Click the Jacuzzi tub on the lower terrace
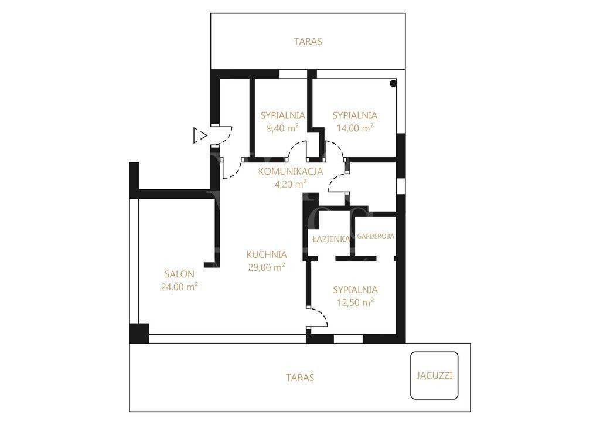(x=434, y=376)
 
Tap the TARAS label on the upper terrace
(x=308, y=42)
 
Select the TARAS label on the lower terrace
(x=300, y=378)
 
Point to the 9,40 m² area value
(x=283, y=128)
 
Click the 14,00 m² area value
(x=354, y=128)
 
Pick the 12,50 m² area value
(x=355, y=302)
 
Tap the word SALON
(x=179, y=274)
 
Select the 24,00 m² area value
(x=179, y=287)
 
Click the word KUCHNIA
(x=267, y=254)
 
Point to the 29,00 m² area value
(x=267, y=267)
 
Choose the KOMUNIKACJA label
(x=291, y=172)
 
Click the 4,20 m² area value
(x=291, y=184)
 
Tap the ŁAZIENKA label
(x=331, y=239)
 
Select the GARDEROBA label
(x=376, y=236)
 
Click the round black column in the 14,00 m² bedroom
(x=393, y=83)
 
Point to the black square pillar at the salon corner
(x=139, y=333)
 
